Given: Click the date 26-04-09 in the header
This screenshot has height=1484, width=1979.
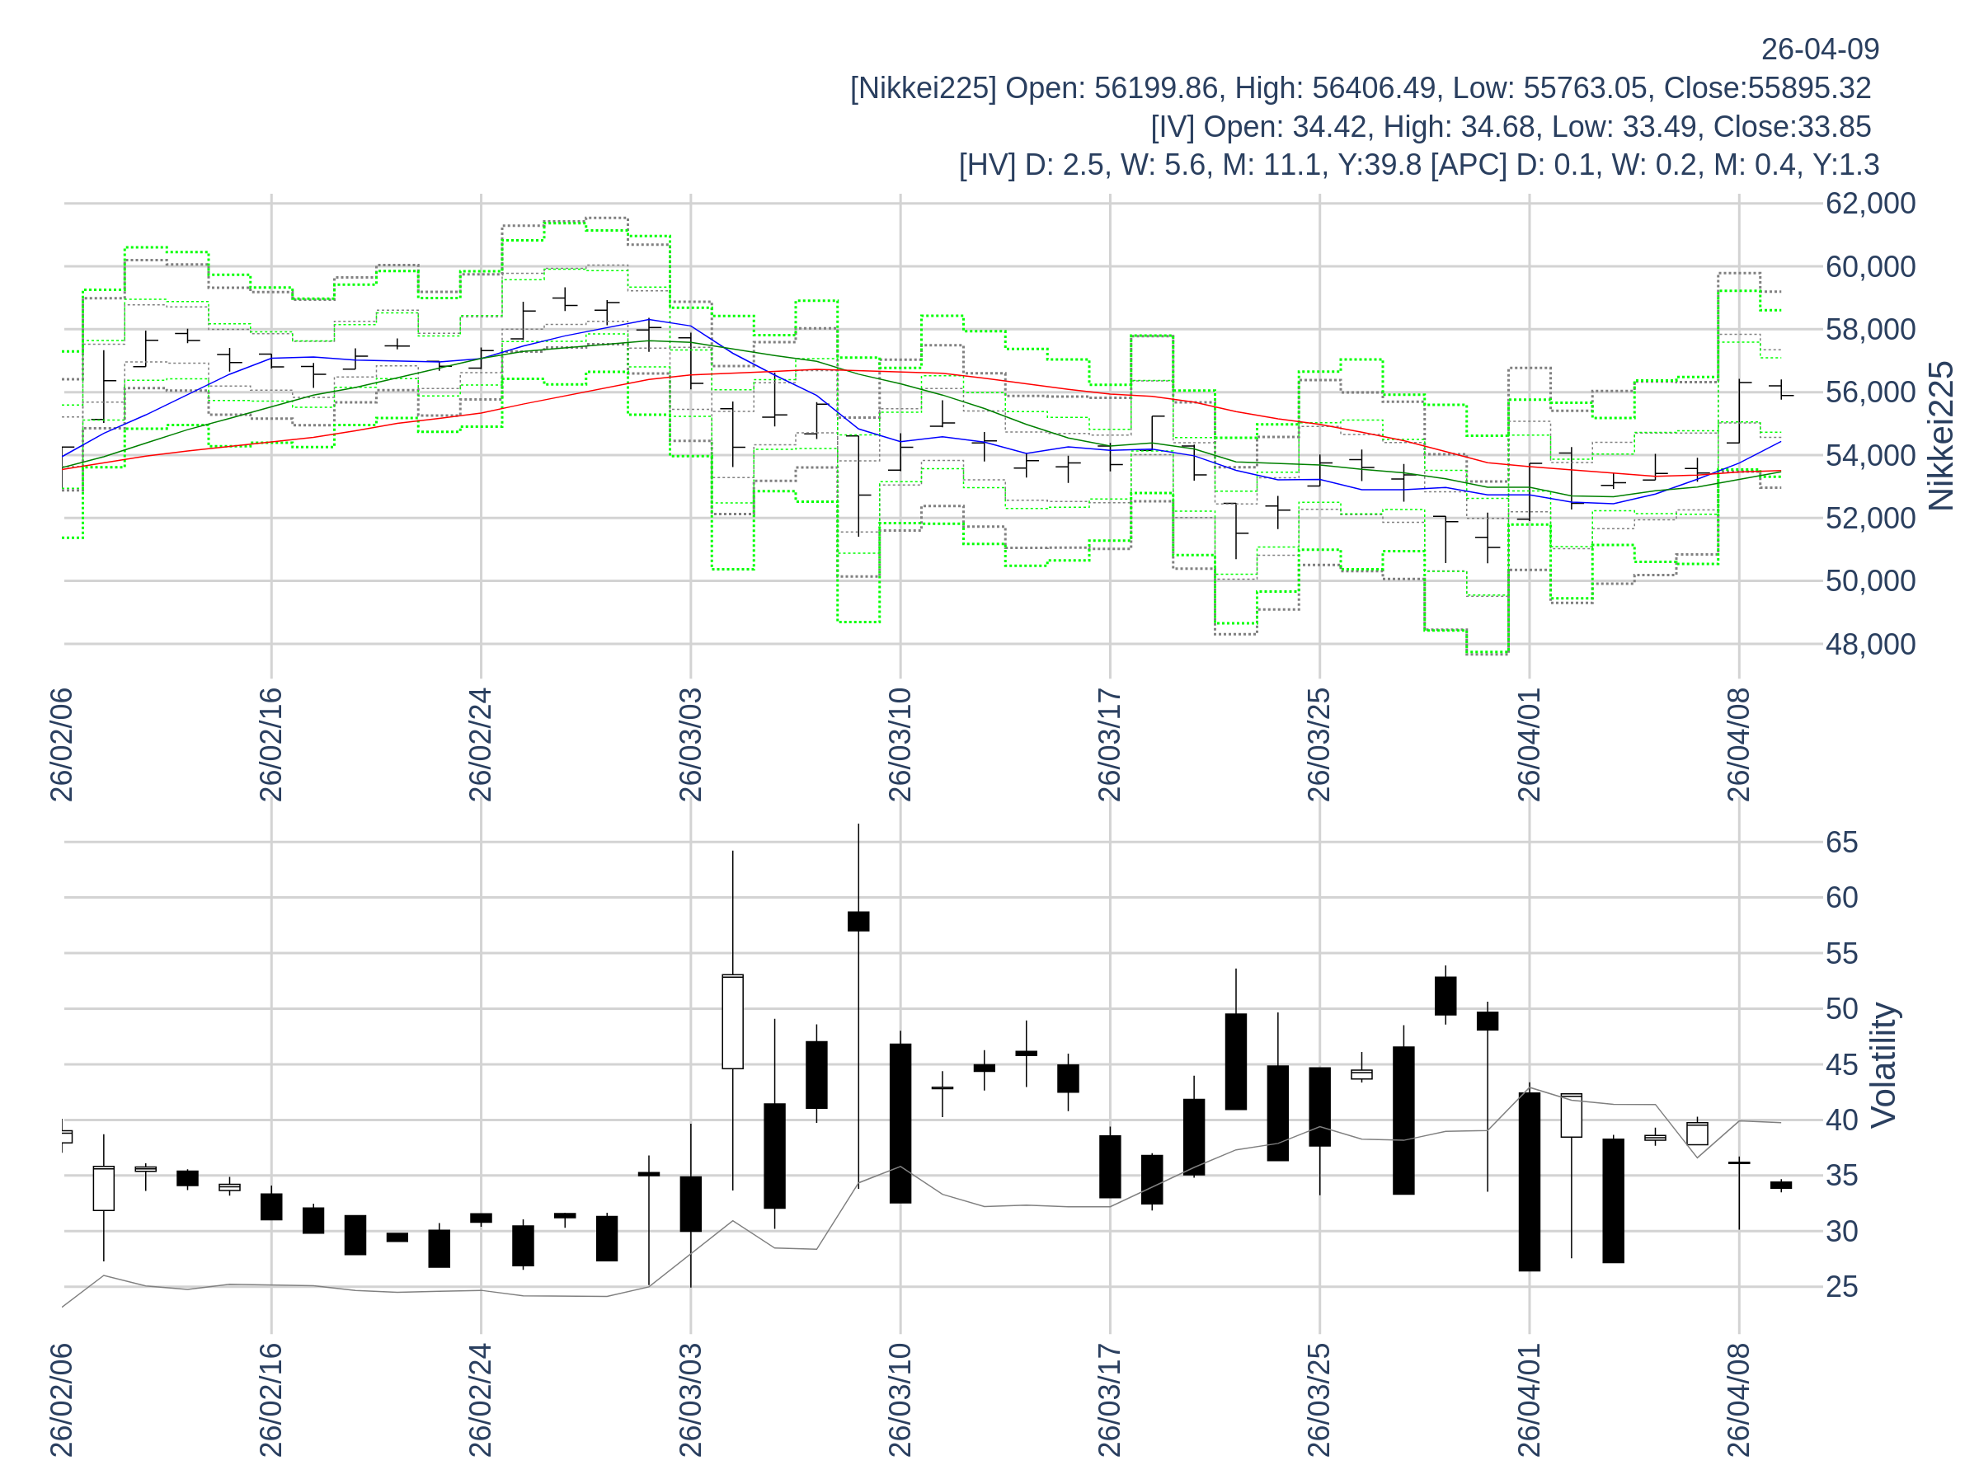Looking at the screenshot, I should pos(1820,49).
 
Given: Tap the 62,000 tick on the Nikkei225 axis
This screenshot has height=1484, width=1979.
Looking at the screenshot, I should pos(1870,204).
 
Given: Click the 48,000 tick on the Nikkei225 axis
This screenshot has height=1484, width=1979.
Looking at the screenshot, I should pos(1870,645).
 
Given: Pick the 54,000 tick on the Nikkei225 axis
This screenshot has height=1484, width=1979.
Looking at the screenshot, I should pos(1870,456).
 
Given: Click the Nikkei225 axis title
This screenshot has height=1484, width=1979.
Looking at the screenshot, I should pos(1940,436).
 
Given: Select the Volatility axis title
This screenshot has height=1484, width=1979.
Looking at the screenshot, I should pos(1883,1065).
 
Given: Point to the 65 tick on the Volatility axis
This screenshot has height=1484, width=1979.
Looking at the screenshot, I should pos(1842,843).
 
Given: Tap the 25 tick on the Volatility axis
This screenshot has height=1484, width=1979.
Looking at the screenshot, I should pos(1842,1287).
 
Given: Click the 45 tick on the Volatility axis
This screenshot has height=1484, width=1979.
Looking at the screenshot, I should pos(1842,1065).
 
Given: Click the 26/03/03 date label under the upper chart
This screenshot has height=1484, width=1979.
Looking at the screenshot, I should pos(691,745).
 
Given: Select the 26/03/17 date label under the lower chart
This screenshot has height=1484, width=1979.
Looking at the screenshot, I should pos(1109,1400).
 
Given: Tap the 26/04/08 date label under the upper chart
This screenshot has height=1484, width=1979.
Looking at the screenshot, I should pos(1738,745).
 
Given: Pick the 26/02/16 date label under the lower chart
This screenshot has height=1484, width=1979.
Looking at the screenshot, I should pos(271,1400).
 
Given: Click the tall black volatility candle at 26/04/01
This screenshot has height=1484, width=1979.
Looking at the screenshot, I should pos(1529,1181).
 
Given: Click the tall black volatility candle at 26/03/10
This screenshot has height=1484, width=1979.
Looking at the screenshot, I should pos(900,1124).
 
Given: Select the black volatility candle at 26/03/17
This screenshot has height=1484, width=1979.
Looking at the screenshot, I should pos(1109,1167).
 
